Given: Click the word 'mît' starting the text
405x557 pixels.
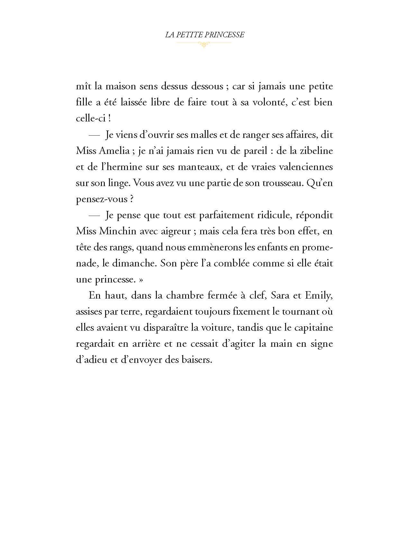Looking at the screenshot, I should (83, 86).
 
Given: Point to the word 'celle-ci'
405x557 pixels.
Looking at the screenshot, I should (90, 118).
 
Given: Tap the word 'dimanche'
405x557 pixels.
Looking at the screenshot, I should (138, 264).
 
